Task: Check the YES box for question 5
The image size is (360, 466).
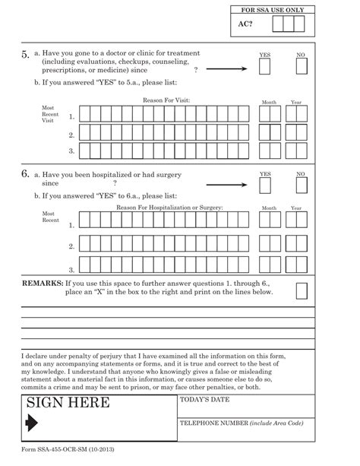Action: [264, 68]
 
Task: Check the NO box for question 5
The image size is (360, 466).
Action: [301, 68]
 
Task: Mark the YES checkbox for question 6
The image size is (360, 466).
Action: [264, 185]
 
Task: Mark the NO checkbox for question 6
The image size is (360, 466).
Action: [301, 185]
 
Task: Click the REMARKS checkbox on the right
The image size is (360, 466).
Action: [302, 292]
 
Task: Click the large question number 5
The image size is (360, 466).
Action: [25, 55]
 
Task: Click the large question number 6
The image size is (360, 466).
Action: [25, 174]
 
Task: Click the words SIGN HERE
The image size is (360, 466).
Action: [68, 404]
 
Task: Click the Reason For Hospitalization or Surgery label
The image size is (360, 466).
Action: [169, 208]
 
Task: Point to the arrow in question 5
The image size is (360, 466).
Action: [227, 68]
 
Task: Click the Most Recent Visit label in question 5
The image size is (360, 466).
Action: [49, 113]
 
